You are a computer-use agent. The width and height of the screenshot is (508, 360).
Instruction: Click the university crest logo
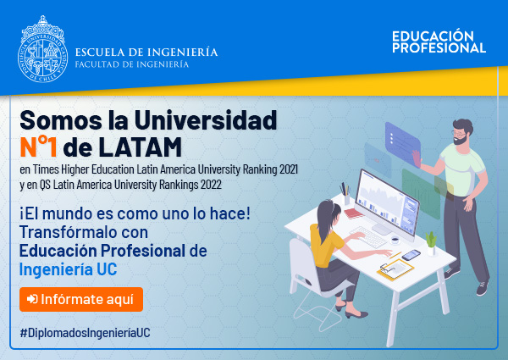(42, 49)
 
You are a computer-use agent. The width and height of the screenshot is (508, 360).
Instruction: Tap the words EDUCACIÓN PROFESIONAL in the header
(439, 42)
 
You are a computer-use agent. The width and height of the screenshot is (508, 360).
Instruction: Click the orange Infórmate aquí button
(81, 299)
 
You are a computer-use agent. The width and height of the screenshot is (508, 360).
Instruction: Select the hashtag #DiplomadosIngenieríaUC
(85, 333)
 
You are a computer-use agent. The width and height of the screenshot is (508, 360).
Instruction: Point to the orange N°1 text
(39, 147)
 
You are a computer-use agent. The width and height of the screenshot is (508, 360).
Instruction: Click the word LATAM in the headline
(140, 147)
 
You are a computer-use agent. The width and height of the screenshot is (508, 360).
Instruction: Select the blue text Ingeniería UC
(68, 269)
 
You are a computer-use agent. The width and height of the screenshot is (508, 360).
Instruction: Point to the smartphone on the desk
(411, 255)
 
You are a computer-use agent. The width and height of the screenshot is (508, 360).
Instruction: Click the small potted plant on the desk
(431, 243)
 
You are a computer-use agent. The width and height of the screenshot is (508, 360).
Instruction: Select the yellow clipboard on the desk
(395, 269)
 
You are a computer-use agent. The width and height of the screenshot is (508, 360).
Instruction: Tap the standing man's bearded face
(460, 136)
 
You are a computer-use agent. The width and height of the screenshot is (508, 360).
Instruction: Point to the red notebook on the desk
(353, 213)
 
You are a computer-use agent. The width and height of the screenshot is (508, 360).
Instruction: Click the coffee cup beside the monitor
(395, 241)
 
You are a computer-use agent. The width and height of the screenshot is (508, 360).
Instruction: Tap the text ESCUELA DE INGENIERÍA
(146, 53)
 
